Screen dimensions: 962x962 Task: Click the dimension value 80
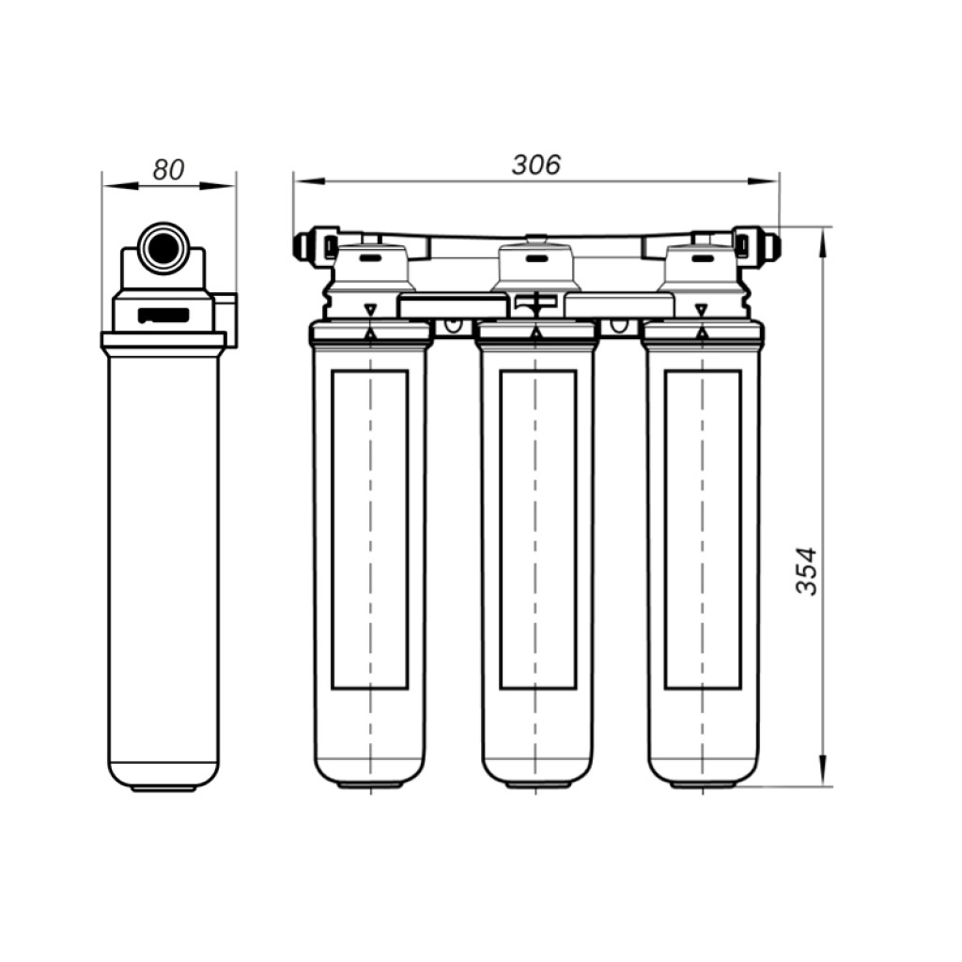(x=168, y=170)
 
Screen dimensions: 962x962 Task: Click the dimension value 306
(x=536, y=164)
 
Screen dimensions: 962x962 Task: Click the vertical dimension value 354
(x=806, y=571)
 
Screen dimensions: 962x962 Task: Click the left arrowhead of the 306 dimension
(x=308, y=181)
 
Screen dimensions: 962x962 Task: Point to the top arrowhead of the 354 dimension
(x=823, y=242)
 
